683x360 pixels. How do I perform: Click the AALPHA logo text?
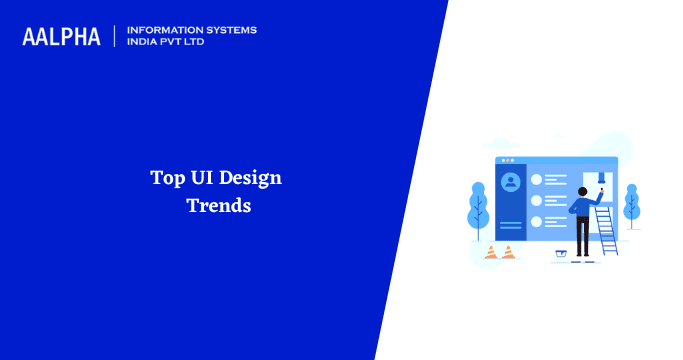pos(61,37)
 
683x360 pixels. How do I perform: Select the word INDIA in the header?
pos(144,43)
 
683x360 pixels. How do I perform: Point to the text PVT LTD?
pos(191,43)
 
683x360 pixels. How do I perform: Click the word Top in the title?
pos(167,179)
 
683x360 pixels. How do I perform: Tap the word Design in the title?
pos(252,179)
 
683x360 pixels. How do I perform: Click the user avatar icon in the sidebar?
pos(511,182)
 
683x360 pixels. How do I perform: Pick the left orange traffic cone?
pos(491,252)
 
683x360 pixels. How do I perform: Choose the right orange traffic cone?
pos(508,252)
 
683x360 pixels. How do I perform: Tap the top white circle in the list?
pos(537,180)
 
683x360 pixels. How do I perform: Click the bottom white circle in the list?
pos(537,222)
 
